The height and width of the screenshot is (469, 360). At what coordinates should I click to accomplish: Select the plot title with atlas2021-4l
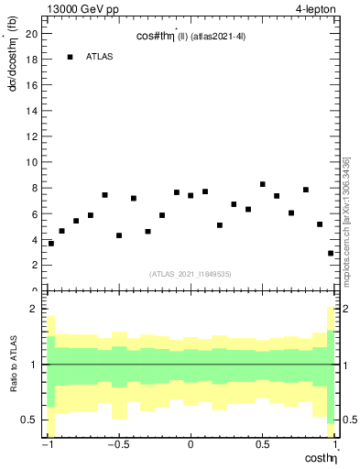(x=191, y=36)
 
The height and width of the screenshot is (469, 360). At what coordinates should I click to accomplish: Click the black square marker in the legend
(x=70, y=57)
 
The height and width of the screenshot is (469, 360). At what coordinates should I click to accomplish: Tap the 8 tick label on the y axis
(x=37, y=188)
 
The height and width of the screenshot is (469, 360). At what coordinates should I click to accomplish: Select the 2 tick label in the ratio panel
(x=37, y=309)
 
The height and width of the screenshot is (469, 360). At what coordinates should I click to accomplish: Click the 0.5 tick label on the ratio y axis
(x=32, y=420)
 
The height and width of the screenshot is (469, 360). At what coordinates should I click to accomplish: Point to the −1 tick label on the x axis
(x=47, y=446)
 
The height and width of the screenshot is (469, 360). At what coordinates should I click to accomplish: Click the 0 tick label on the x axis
(x=191, y=446)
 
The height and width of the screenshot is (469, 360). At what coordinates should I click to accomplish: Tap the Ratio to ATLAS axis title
(x=12, y=364)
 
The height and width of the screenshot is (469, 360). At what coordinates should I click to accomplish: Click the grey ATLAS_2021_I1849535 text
(x=191, y=273)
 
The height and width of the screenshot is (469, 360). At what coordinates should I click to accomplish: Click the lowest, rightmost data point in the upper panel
(x=331, y=253)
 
